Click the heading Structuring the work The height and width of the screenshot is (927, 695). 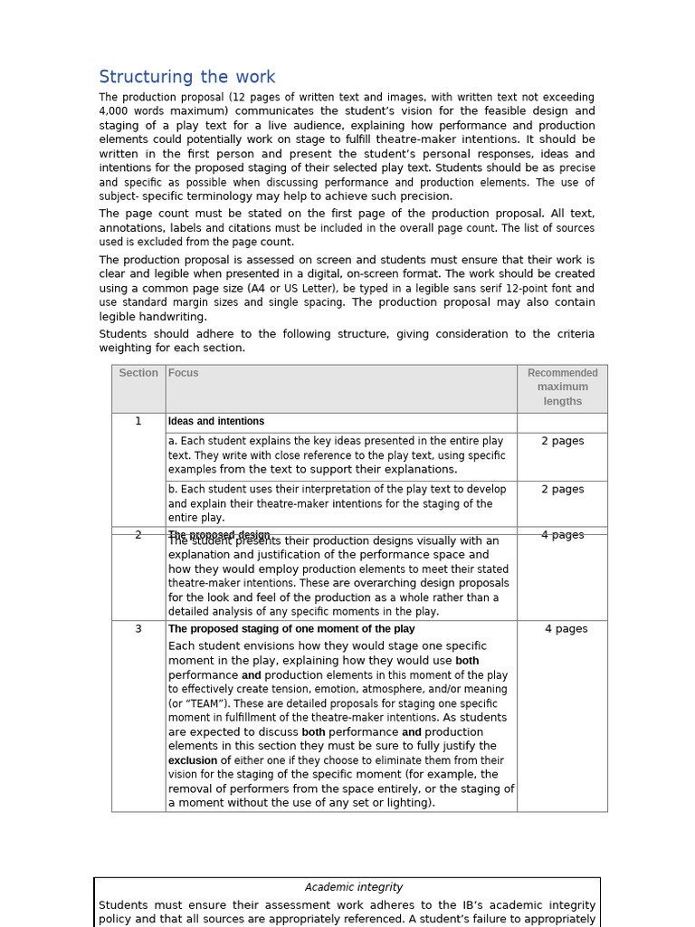(x=186, y=77)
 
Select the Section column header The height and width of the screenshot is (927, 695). (x=138, y=373)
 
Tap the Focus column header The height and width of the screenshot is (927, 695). (x=184, y=373)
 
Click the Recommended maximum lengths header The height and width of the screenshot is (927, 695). (x=562, y=387)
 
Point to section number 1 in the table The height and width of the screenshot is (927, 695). (x=138, y=421)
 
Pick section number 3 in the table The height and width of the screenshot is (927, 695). (x=138, y=628)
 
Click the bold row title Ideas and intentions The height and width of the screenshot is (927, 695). (x=216, y=421)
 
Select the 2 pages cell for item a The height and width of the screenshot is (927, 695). (x=562, y=441)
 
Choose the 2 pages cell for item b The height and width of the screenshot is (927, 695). (x=562, y=489)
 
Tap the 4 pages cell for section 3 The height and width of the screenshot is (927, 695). (x=566, y=628)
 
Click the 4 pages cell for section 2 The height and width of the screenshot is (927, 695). (x=562, y=535)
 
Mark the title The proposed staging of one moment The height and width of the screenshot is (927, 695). (x=291, y=628)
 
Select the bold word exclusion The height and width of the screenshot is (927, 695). (x=193, y=760)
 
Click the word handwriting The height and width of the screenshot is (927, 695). (x=176, y=317)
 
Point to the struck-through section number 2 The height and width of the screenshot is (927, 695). (x=138, y=535)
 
